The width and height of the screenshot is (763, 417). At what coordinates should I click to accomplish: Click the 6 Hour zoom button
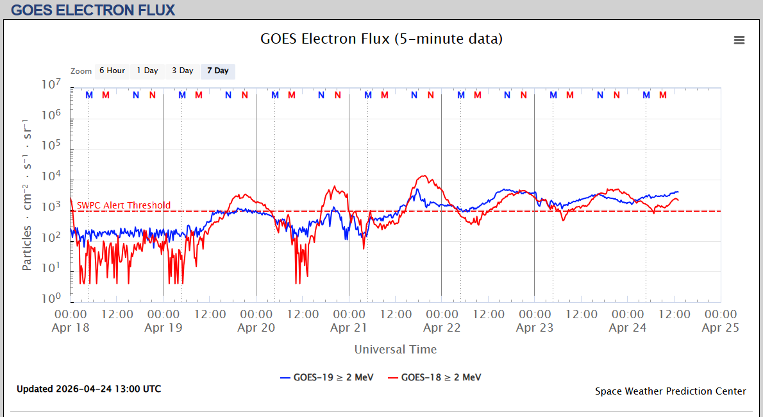coord(112,71)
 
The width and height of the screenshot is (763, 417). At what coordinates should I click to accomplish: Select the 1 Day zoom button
coord(147,71)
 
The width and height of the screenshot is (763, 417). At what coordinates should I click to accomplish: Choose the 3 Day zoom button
coord(183,71)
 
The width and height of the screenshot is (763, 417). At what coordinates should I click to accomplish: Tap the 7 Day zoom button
coord(218,71)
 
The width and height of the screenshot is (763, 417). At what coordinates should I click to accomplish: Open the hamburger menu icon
coord(739,40)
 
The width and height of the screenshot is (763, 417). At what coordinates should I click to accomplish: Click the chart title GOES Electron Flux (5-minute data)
coord(382,38)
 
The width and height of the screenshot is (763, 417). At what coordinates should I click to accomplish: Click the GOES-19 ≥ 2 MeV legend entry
coord(327,377)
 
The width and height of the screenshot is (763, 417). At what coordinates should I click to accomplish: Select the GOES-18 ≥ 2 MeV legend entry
coord(435,377)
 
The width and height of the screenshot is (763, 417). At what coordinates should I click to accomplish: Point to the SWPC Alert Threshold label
coord(124,205)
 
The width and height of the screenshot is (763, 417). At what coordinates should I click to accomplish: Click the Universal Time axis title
coord(396,349)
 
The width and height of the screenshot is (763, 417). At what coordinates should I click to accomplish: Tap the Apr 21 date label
coord(349,327)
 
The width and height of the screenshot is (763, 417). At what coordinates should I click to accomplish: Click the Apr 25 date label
coord(720,327)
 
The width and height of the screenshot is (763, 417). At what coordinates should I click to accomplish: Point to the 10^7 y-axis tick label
coord(51,85)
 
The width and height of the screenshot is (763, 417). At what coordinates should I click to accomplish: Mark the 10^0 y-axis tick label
coord(51,298)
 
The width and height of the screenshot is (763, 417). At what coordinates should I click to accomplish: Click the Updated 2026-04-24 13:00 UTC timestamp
coord(89,389)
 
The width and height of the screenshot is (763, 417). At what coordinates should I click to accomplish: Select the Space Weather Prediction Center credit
coord(671,391)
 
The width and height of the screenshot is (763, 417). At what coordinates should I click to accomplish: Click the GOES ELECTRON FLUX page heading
coord(93,10)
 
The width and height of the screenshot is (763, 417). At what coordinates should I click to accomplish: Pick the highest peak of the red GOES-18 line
coord(424,176)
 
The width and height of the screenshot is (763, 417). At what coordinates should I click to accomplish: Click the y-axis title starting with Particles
coord(27,195)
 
